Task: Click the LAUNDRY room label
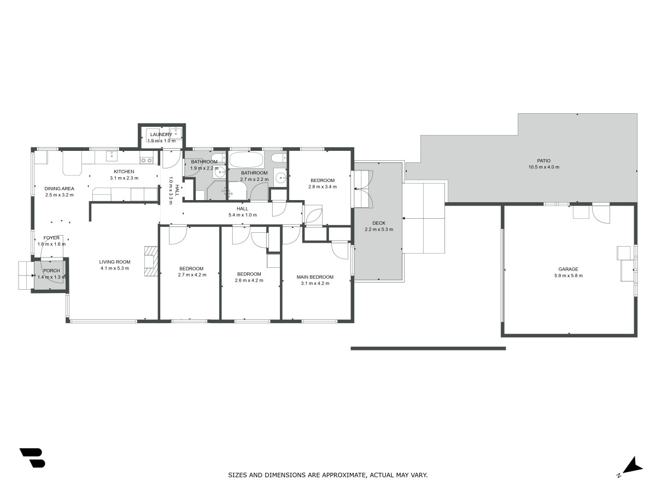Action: [161, 134]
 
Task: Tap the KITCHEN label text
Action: [124, 172]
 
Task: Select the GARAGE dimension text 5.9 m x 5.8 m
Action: [568, 276]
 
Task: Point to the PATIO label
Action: [543, 161]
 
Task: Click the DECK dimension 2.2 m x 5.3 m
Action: [379, 230]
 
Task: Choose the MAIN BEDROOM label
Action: [315, 277]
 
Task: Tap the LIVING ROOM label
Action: [114, 262]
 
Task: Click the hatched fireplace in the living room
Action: [151, 261]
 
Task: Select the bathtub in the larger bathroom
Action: [246, 160]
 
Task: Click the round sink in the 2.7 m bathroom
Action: [280, 178]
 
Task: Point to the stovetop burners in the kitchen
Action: [147, 160]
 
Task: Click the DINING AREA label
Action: [59, 189]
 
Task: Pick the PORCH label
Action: [51, 271]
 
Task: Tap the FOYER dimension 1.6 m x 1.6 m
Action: [51, 244]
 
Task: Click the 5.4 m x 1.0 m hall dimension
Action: [242, 215]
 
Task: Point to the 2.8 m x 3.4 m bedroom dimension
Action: [323, 187]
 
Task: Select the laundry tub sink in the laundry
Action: [177, 133]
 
